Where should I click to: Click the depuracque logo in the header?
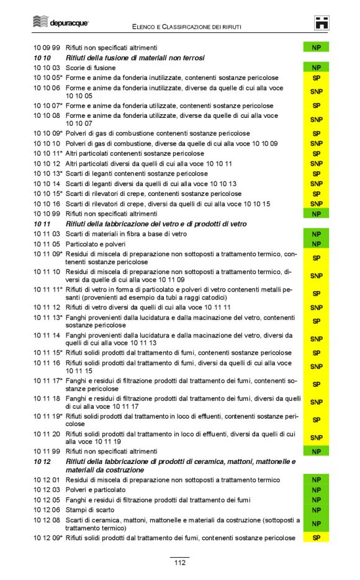[61, 22]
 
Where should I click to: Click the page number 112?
[179, 562]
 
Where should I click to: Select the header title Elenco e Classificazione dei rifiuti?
[186, 27]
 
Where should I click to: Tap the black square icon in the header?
[322, 22]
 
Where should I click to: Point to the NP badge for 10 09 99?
[316, 47]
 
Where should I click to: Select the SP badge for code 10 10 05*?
[316, 78]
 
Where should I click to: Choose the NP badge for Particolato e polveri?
[316, 244]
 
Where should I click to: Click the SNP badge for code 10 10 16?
[316, 203]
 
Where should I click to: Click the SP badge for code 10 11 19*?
[316, 419]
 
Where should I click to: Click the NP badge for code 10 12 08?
[316, 524]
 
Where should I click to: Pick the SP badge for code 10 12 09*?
[316, 538]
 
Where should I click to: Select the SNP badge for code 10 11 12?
[316, 307]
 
